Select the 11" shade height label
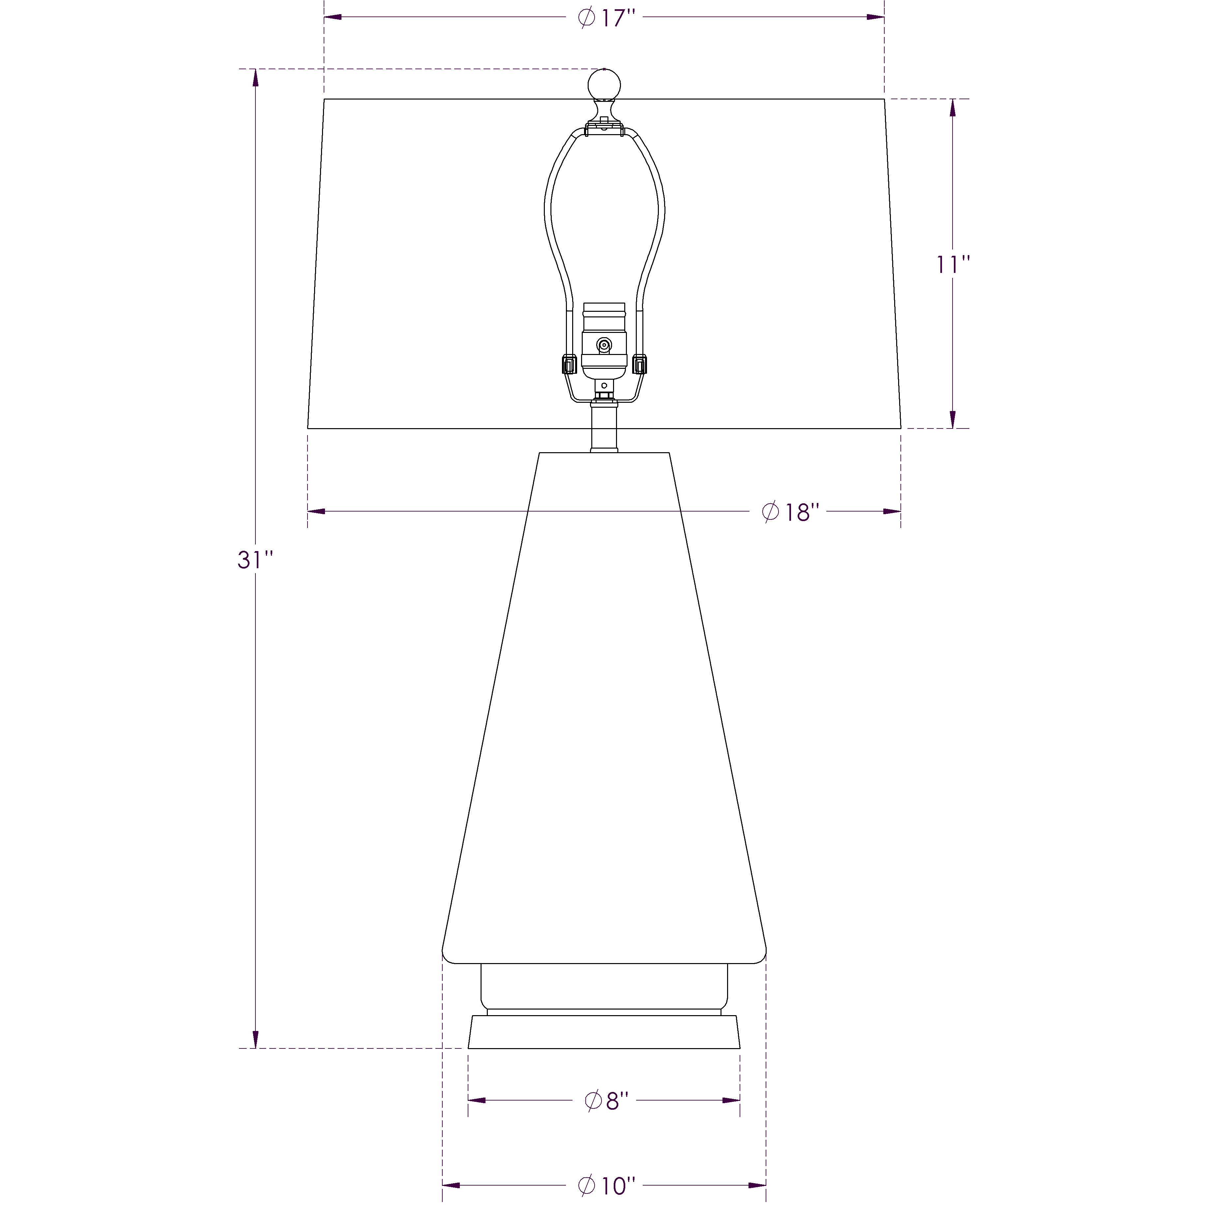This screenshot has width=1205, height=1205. click(x=953, y=264)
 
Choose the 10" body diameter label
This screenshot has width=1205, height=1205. click(x=606, y=1185)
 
